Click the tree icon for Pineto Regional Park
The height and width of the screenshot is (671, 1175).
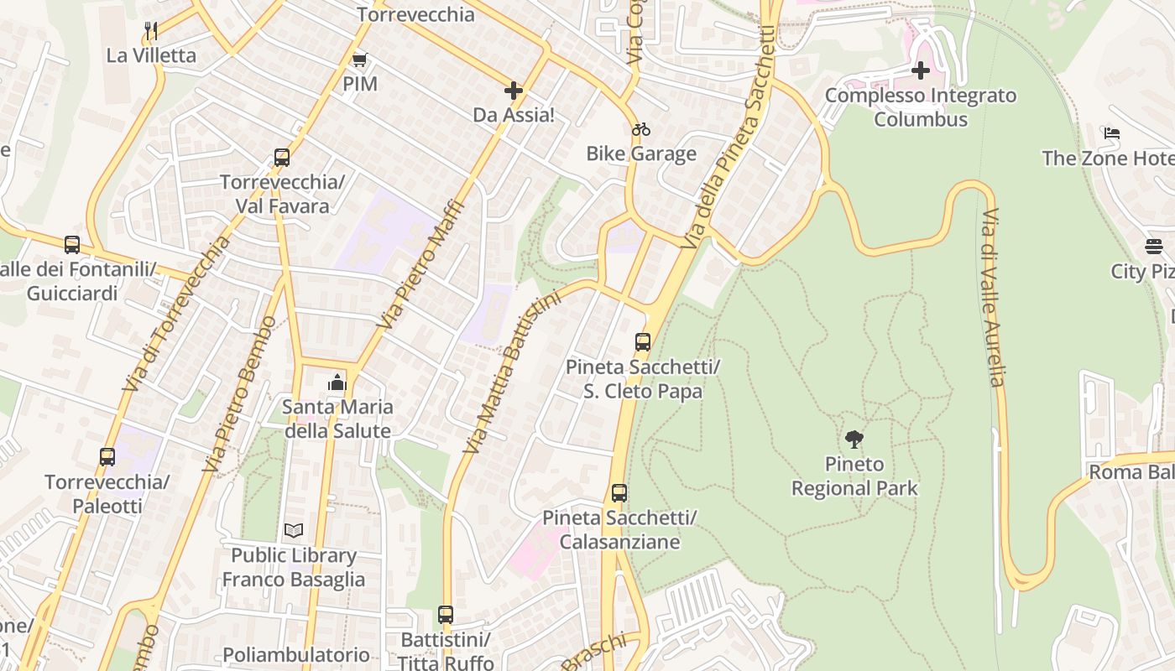[x=854, y=439]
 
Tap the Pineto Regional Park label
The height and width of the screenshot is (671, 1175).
[x=854, y=476]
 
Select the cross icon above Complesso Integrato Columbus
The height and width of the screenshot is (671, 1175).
[x=921, y=70]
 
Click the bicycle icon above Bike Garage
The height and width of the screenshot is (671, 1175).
[x=641, y=129]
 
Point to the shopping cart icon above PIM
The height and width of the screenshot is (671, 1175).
[x=360, y=60]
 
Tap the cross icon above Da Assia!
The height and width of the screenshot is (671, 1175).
[x=514, y=91]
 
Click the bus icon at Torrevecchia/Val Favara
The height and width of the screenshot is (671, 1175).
[x=282, y=158]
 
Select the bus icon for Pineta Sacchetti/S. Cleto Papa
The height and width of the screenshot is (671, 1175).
[x=643, y=342]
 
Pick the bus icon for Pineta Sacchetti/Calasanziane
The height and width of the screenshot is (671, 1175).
[x=619, y=493]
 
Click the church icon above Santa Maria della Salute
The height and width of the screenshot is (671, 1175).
[x=337, y=382]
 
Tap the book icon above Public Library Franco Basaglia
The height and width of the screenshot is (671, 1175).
[x=293, y=530]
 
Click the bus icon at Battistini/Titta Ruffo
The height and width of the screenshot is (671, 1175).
[x=446, y=615]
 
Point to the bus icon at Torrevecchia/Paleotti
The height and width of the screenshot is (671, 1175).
[x=107, y=457]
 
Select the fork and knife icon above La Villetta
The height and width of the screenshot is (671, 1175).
[x=151, y=31]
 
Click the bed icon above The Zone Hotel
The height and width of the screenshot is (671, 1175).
[x=1112, y=133]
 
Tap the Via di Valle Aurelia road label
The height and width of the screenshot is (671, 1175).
[x=992, y=298]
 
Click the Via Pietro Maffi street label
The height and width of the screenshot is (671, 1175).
[x=420, y=263]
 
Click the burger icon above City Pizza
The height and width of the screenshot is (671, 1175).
[x=1154, y=247]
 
